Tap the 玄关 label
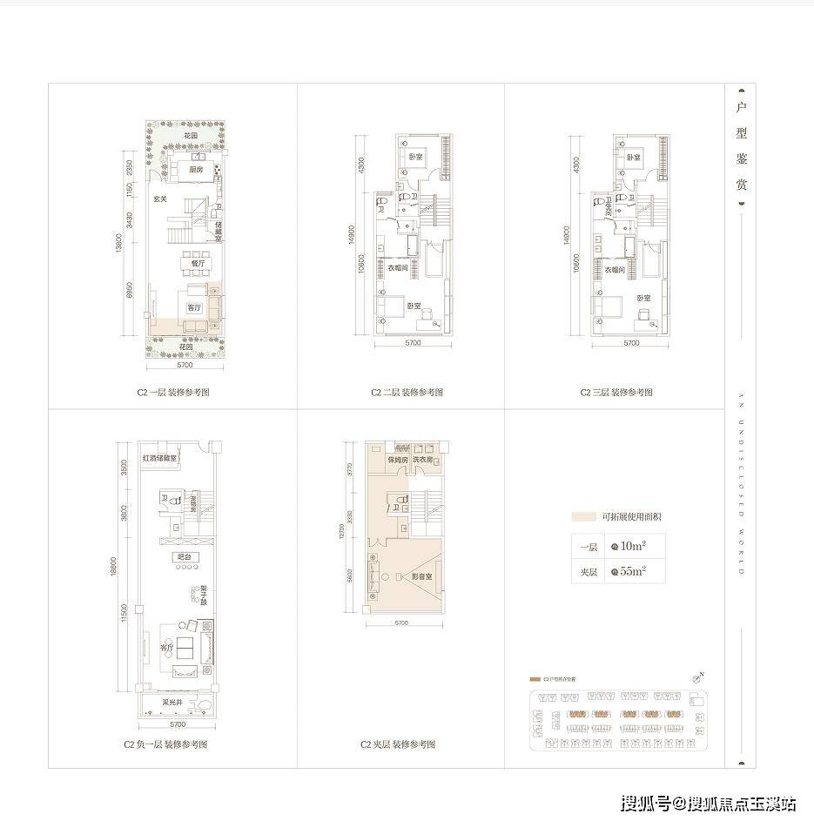pos(160,199)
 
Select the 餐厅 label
pos(199,262)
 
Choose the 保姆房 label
pos(398,460)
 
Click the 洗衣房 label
pos(423,460)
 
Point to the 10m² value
pos(632,547)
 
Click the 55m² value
pos(632,572)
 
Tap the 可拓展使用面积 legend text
pos(626,517)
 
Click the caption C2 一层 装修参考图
pos(173,393)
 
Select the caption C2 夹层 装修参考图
pos(398,745)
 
